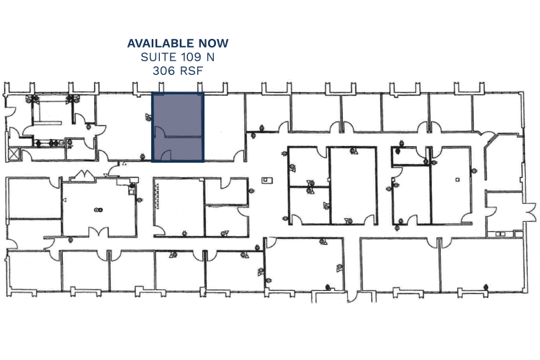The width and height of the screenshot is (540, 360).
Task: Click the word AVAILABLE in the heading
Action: click(x=161, y=43)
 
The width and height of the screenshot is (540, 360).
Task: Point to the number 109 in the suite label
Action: click(x=189, y=57)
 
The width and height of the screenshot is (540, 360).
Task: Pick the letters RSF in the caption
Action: click(x=192, y=71)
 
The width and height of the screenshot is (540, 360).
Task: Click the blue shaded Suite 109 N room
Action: click(x=178, y=127)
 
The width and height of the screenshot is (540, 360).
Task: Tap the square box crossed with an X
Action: click(x=14, y=153)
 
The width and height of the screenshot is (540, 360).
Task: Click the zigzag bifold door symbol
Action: click(x=83, y=175)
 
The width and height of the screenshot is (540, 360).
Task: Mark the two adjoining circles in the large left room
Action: click(x=98, y=210)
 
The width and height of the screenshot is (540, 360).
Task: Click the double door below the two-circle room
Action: click(x=99, y=232)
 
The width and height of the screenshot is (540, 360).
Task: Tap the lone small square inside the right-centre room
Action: click(x=457, y=179)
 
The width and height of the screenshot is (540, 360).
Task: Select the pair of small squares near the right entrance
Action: click(x=500, y=234)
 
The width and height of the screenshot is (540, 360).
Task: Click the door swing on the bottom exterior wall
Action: click(x=351, y=297)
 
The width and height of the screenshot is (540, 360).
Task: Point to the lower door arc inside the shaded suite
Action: click(x=166, y=155)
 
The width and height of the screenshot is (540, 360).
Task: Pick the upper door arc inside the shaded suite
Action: click(x=160, y=131)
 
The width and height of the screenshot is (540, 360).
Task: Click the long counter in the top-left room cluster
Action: click(x=48, y=122)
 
